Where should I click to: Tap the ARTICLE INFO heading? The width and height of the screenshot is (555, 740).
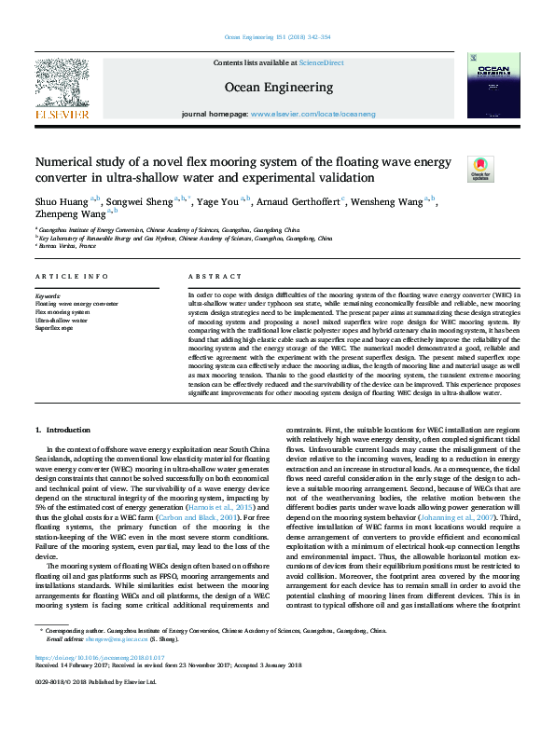click(x=64, y=278)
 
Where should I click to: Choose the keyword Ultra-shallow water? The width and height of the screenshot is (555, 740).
click(x=61, y=320)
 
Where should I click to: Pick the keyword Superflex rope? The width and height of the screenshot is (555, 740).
click(x=54, y=328)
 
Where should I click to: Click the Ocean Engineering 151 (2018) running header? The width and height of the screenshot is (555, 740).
click(x=277, y=38)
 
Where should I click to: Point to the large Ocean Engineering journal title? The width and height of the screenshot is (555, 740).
click(x=279, y=88)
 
